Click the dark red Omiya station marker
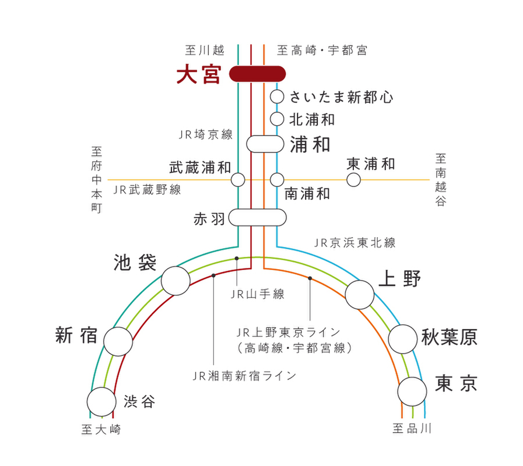click(x=257, y=74)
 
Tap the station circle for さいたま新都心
click(x=277, y=96)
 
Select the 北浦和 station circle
click(x=277, y=119)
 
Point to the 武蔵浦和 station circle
click(x=238, y=179)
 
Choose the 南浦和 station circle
click(x=277, y=179)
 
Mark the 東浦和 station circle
click(x=353, y=179)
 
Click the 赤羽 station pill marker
click(x=257, y=218)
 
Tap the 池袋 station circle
click(x=175, y=281)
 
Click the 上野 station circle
click(x=360, y=295)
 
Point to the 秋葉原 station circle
click(x=403, y=338)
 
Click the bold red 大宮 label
click(x=199, y=75)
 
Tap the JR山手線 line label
click(x=257, y=294)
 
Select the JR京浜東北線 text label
click(x=354, y=242)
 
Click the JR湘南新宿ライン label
click(x=244, y=376)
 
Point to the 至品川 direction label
click(x=412, y=429)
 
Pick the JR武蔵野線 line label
click(x=147, y=190)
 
